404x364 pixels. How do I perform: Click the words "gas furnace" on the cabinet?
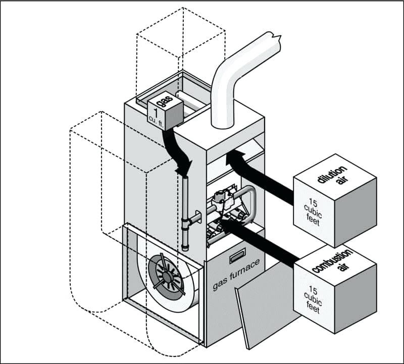237,275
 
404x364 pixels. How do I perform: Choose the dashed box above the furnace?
182,45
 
